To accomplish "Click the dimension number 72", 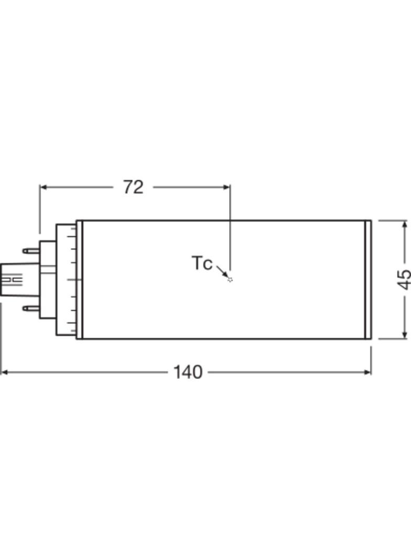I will coord(133,187).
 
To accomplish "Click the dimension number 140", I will coord(188,372).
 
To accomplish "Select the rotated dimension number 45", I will coord(404,279).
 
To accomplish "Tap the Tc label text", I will coord(202,263).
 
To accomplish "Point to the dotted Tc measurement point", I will coord(230,279).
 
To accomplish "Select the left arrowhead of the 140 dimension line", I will coord(5,372).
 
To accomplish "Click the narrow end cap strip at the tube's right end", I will coord(368,279).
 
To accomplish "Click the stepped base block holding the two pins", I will coord(47,279).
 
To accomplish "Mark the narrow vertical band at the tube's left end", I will coord(79,279).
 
